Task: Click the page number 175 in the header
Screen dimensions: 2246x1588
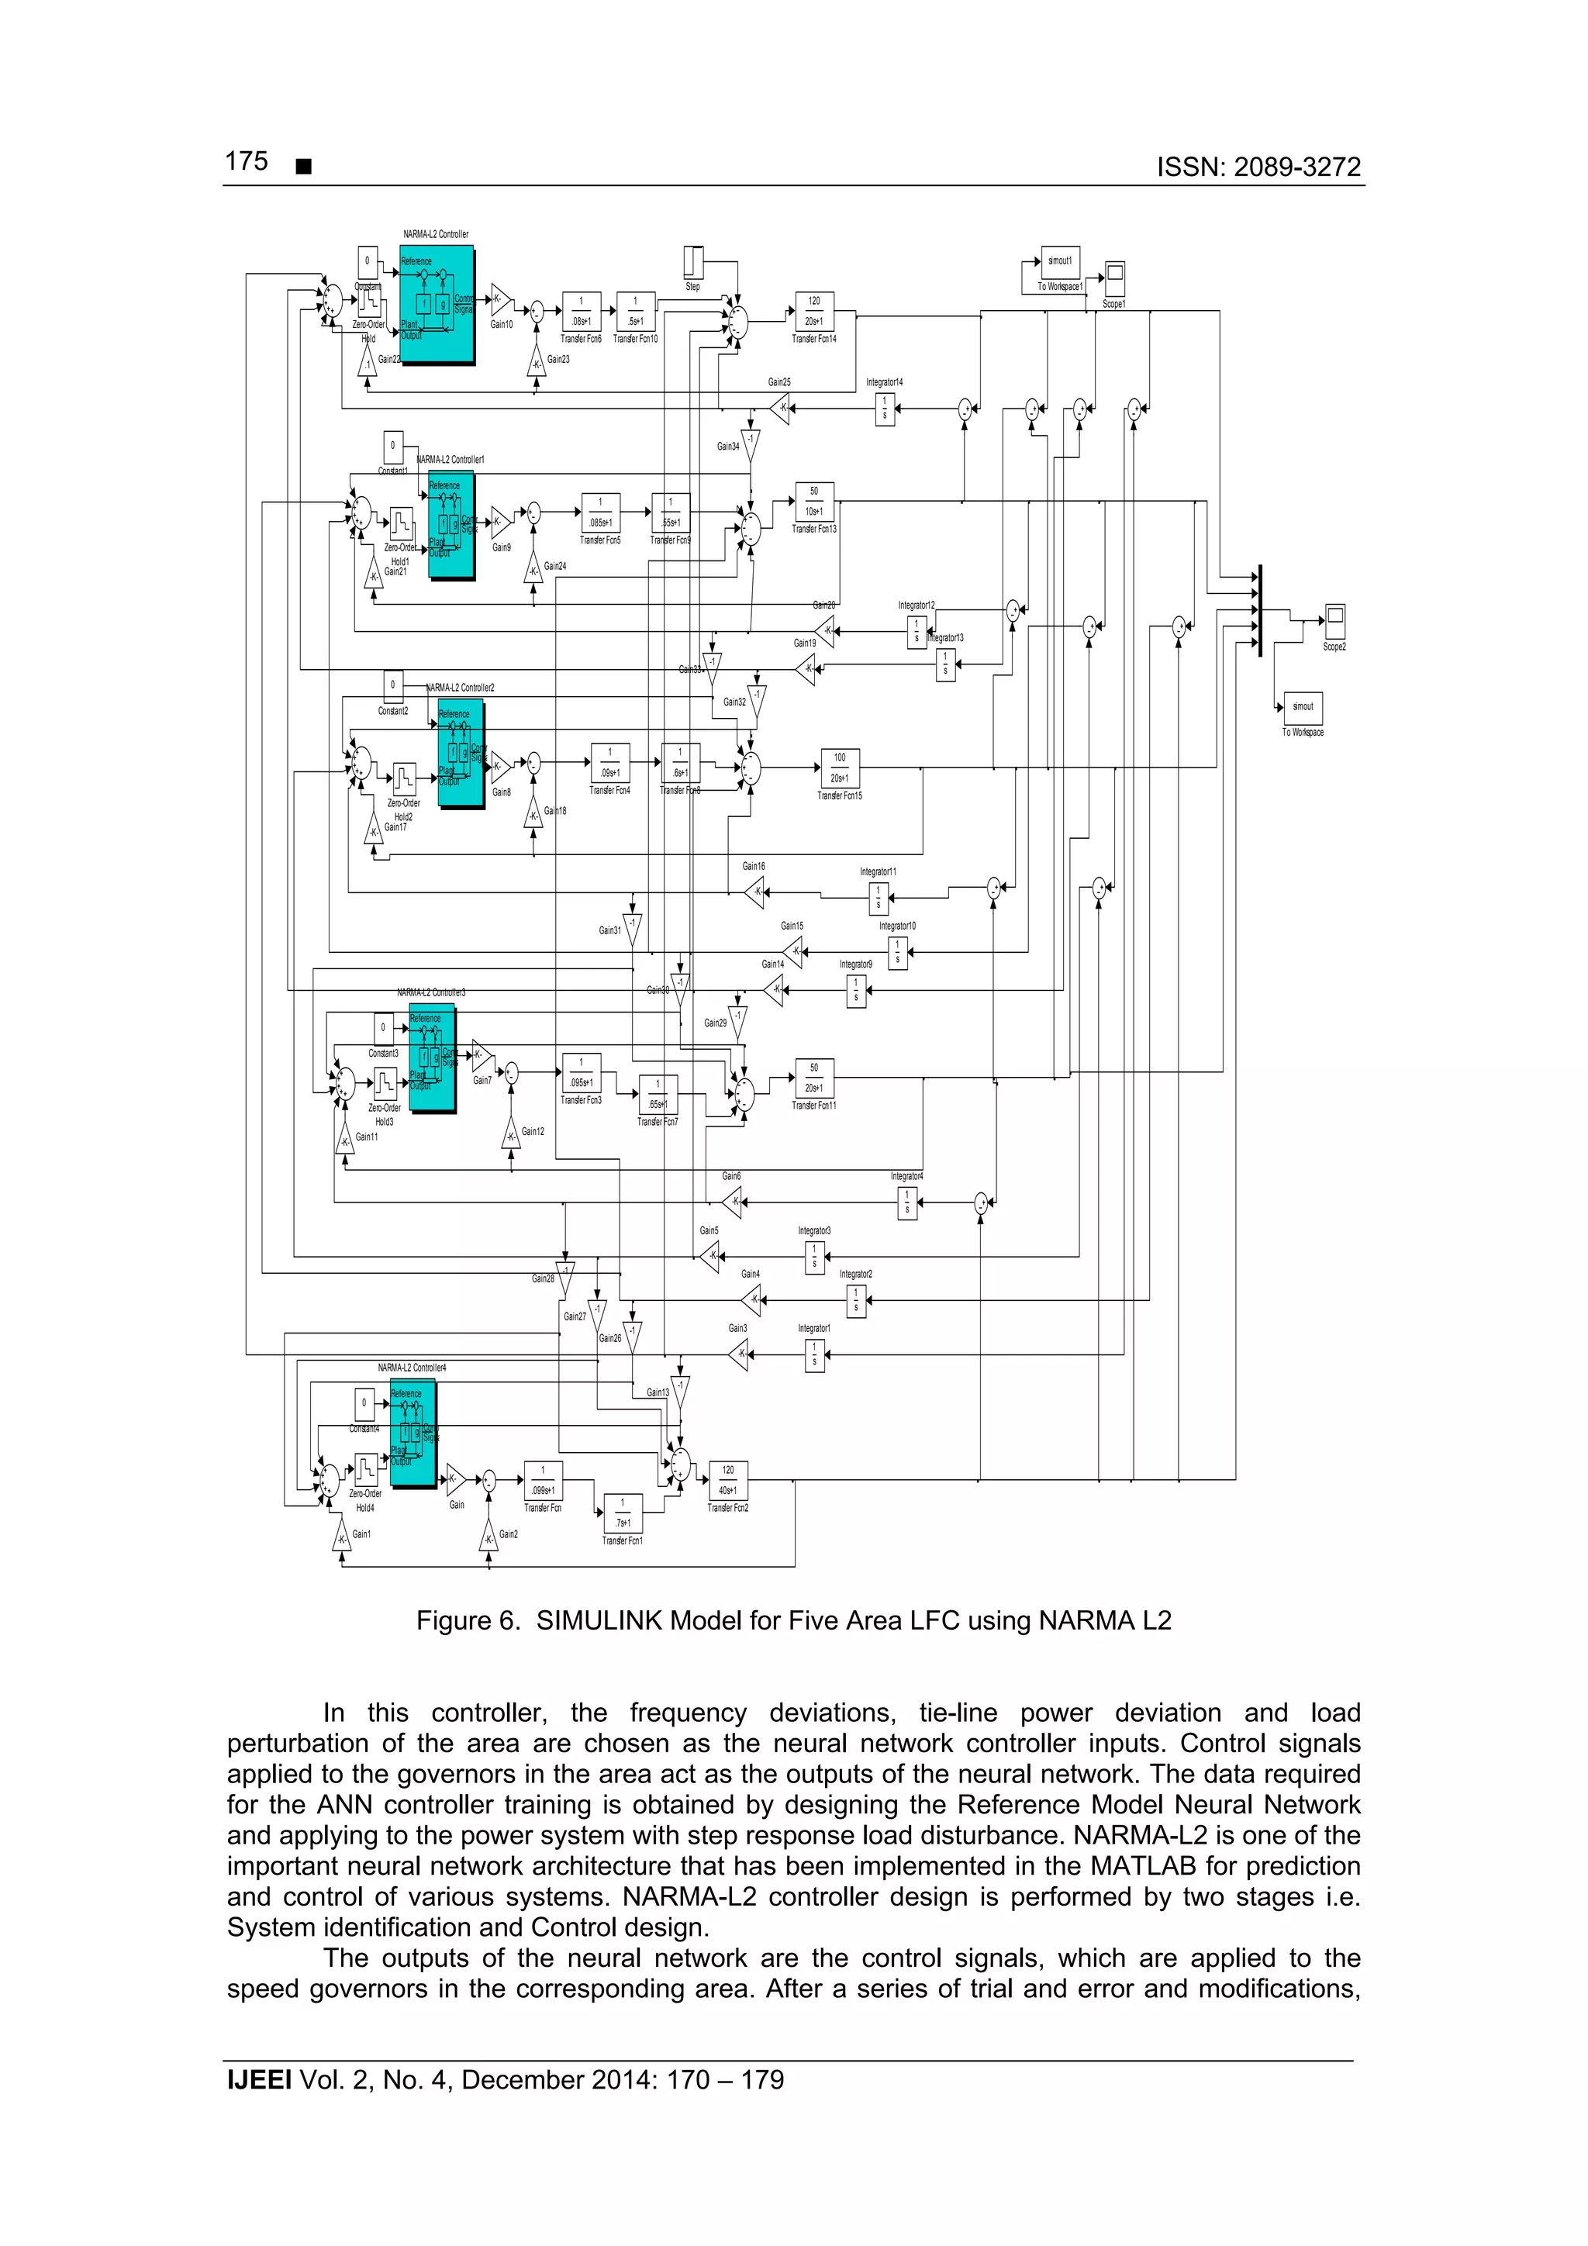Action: (x=247, y=161)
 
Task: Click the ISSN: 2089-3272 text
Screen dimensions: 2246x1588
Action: (x=1258, y=167)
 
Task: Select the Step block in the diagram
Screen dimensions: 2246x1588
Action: (x=692, y=262)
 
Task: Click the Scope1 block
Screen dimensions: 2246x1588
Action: (x=1113, y=279)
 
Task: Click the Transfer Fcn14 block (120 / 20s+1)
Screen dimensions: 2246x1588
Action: (x=814, y=311)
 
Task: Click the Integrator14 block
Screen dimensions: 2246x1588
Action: (x=885, y=409)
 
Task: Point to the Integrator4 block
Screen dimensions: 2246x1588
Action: (x=907, y=1203)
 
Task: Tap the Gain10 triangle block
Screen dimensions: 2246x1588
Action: (x=500, y=299)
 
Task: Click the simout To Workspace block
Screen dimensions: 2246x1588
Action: (x=1303, y=707)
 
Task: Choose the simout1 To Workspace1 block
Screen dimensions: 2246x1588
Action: (x=1060, y=261)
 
